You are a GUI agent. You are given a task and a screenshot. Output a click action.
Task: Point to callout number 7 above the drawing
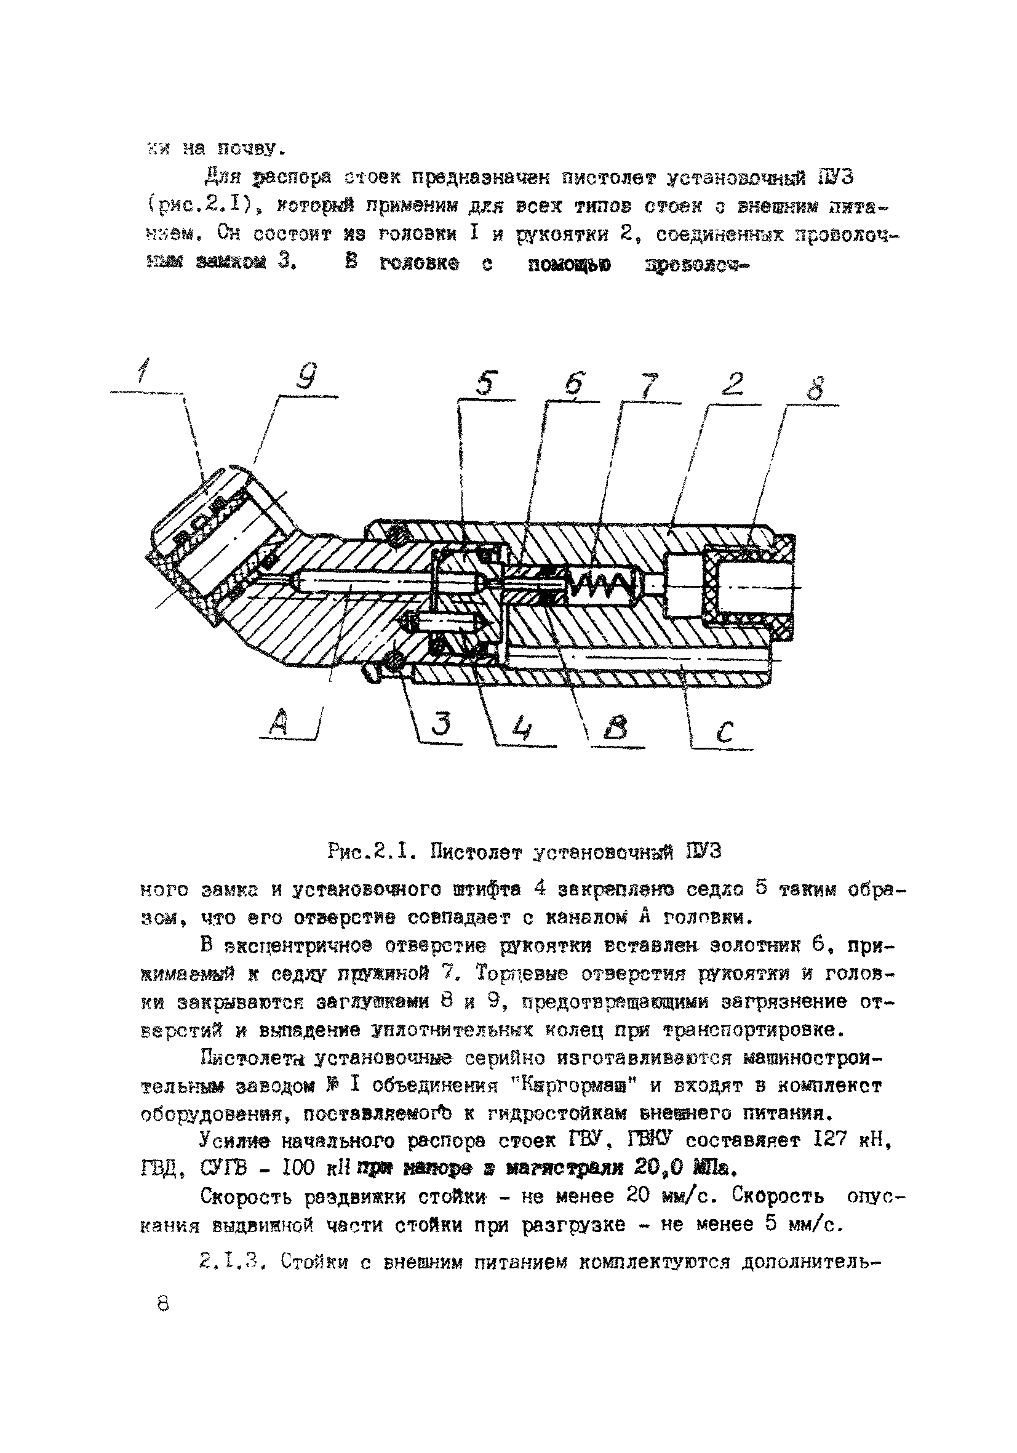[x=649, y=385]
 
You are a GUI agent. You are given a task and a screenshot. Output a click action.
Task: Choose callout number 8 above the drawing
[x=816, y=387]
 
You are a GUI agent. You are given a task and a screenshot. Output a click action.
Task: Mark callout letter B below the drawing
[x=615, y=729]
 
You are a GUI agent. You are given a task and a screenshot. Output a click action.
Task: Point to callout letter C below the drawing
[x=725, y=732]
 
